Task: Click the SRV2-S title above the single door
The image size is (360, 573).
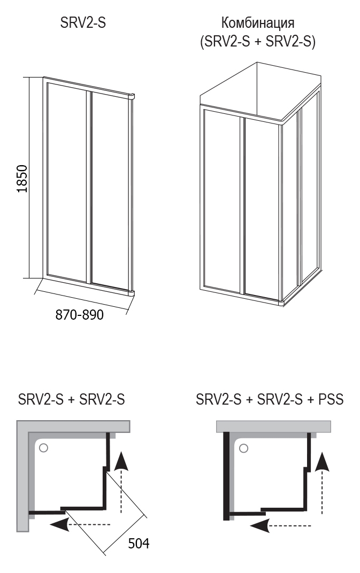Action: pos(83,22)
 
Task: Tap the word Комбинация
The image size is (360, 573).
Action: pos(257,22)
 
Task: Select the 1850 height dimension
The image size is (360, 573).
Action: pos(22,179)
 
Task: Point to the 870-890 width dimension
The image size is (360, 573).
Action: pos(79,314)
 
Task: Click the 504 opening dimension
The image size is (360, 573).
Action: pos(139,544)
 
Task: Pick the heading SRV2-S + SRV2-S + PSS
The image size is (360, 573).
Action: pos(270,399)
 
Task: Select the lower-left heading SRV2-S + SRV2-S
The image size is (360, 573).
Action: pos(71,399)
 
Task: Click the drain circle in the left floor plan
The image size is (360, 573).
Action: pos(43,448)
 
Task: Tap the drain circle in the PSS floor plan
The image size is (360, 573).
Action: pos(243,448)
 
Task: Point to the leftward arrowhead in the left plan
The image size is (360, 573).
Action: pos(59,524)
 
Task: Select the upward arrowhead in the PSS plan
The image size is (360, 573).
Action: pos(322,461)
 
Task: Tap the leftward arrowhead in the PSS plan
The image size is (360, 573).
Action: pos(260,525)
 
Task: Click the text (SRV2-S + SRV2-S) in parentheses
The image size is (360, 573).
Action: pos(257,42)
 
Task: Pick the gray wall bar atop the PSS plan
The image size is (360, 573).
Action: pos(274,427)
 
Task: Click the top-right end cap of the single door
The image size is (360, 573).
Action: pos(132,96)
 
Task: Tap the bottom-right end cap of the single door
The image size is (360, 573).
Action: pos(131,293)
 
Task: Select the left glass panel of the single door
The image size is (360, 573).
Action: pos(66,183)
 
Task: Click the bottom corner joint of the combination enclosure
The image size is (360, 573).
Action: pos(282,302)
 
